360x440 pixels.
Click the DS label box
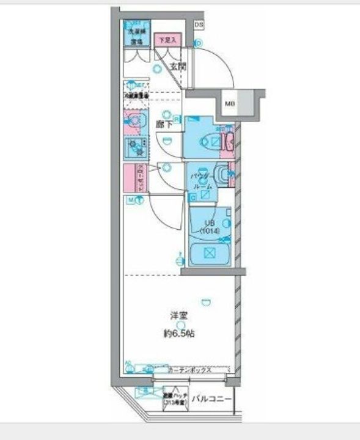pyautogui.click(x=199, y=24)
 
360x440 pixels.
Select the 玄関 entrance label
pyautogui.click(x=178, y=67)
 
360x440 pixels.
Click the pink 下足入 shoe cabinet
pyautogui.click(x=166, y=40)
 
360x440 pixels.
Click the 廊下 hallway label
pyautogui.click(x=163, y=123)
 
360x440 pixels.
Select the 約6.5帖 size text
pyautogui.click(x=178, y=334)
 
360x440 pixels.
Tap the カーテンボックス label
pyautogui.click(x=189, y=370)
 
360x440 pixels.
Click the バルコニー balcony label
pyautogui.click(x=211, y=400)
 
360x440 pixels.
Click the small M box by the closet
pyautogui.click(x=131, y=200)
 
